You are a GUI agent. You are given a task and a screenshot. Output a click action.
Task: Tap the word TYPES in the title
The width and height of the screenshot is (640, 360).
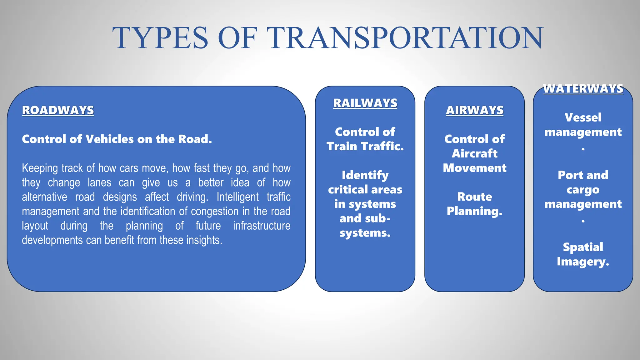pyautogui.click(x=160, y=38)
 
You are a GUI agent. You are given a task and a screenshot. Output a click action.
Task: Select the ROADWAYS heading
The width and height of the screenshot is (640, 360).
pyautogui.click(x=58, y=110)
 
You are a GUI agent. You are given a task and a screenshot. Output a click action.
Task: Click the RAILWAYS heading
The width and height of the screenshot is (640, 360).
pyautogui.click(x=365, y=103)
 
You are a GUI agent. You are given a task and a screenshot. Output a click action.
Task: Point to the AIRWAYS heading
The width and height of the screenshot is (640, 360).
pyautogui.click(x=474, y=110)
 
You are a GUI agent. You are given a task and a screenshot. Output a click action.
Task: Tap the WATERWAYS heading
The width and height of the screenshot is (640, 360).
pyautogui.click(x=583, y=89)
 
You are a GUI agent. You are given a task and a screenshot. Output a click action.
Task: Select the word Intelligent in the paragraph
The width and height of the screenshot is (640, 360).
pyautogui.click(x=237, y=197)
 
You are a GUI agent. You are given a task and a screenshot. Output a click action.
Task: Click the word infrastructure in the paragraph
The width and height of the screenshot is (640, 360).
pyautogui.click(x=262, y=226)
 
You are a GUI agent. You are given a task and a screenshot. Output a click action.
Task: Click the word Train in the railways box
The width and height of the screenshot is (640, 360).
pyautogui.click(x=342, y=146)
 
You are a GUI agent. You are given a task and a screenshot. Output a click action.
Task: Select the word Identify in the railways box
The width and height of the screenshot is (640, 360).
pyautogui.click(x=365, y=175)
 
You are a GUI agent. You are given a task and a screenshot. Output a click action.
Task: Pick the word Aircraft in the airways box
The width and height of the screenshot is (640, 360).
pyautogui.click(x=474, y=153)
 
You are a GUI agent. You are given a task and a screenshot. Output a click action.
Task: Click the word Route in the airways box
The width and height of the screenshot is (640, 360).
pyautogui.click(x=474, y=197)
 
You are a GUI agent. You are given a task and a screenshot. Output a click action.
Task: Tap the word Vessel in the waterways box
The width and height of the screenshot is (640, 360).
pyautogui.click(x=583, y=117)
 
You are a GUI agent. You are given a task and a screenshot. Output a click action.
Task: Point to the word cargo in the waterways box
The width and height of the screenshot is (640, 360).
pyautogui.click(x=583, y=190)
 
